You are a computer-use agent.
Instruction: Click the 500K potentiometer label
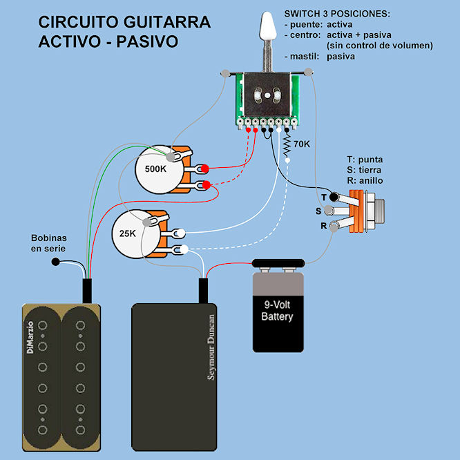click(x=157, y=169)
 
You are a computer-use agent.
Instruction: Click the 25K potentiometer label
click(x=128, y=233)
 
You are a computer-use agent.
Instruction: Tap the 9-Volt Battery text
click(x=277, y=311)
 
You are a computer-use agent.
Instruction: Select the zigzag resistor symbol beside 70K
click(x=287, y=146)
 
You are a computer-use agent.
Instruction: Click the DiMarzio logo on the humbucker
click(x=30, y=338)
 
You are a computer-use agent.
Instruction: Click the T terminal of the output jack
click(x=333, y=198)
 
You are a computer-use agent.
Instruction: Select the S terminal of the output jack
click(x=329, y=211)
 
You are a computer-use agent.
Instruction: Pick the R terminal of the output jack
click(x=334, y=225)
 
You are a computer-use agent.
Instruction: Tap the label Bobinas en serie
click(x=50, y=243)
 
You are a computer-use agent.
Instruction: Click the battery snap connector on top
click(x=277, y=263)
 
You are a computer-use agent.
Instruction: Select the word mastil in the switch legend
click(x=299, y=56)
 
